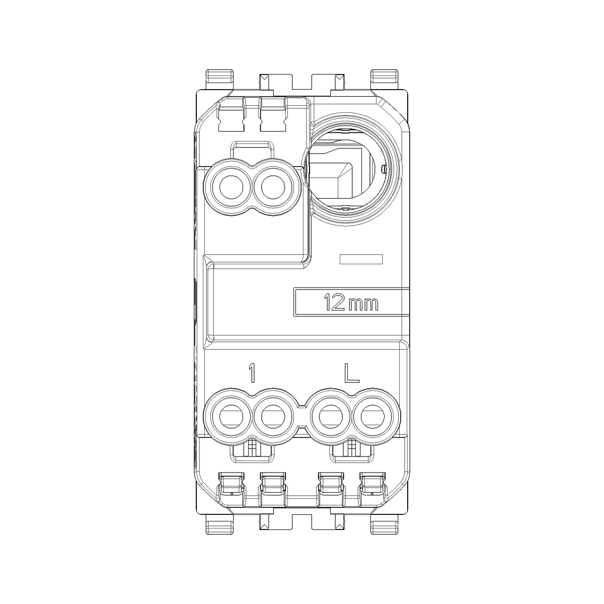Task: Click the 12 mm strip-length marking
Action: [351, 303]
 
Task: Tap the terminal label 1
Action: [251, 373]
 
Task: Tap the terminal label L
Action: [351, 373]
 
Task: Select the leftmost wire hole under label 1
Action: [231, 417]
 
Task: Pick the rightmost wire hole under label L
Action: [372, 417]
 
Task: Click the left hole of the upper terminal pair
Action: [231, 187]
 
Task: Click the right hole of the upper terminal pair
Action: [273, 187]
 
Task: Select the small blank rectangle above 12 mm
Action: [361, 259]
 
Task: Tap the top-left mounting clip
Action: [220, 80]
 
